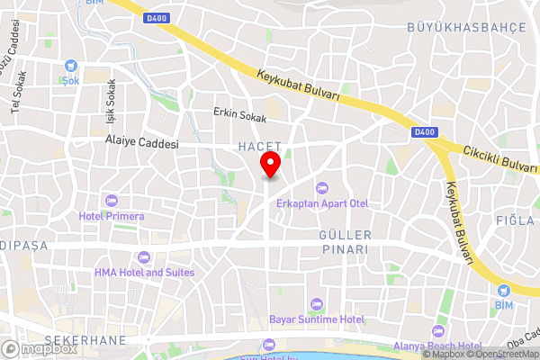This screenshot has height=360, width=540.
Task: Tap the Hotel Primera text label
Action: pyautogui.click(x=112, y=215)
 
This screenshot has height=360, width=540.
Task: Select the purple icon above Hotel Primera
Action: pyautogui.click(x=112, y=200)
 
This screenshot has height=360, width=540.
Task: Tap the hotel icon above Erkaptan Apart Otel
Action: pyautogui.click(x=323, y=188)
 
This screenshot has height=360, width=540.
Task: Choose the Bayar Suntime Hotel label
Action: pyautogui.click(x=316, y=319)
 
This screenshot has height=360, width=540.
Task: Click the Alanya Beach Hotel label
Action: pyautogui.click(x=438, y=345)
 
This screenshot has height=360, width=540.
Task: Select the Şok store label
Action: pyautogui.click(x=71, y=79)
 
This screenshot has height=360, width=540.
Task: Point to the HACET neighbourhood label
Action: pyautogui.click(x=260, y=146)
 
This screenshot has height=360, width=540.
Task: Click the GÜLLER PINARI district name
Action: pyautogui.click(x=340, y=241)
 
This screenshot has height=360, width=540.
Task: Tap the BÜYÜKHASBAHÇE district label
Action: pyautogui.click(x=465, y=28)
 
